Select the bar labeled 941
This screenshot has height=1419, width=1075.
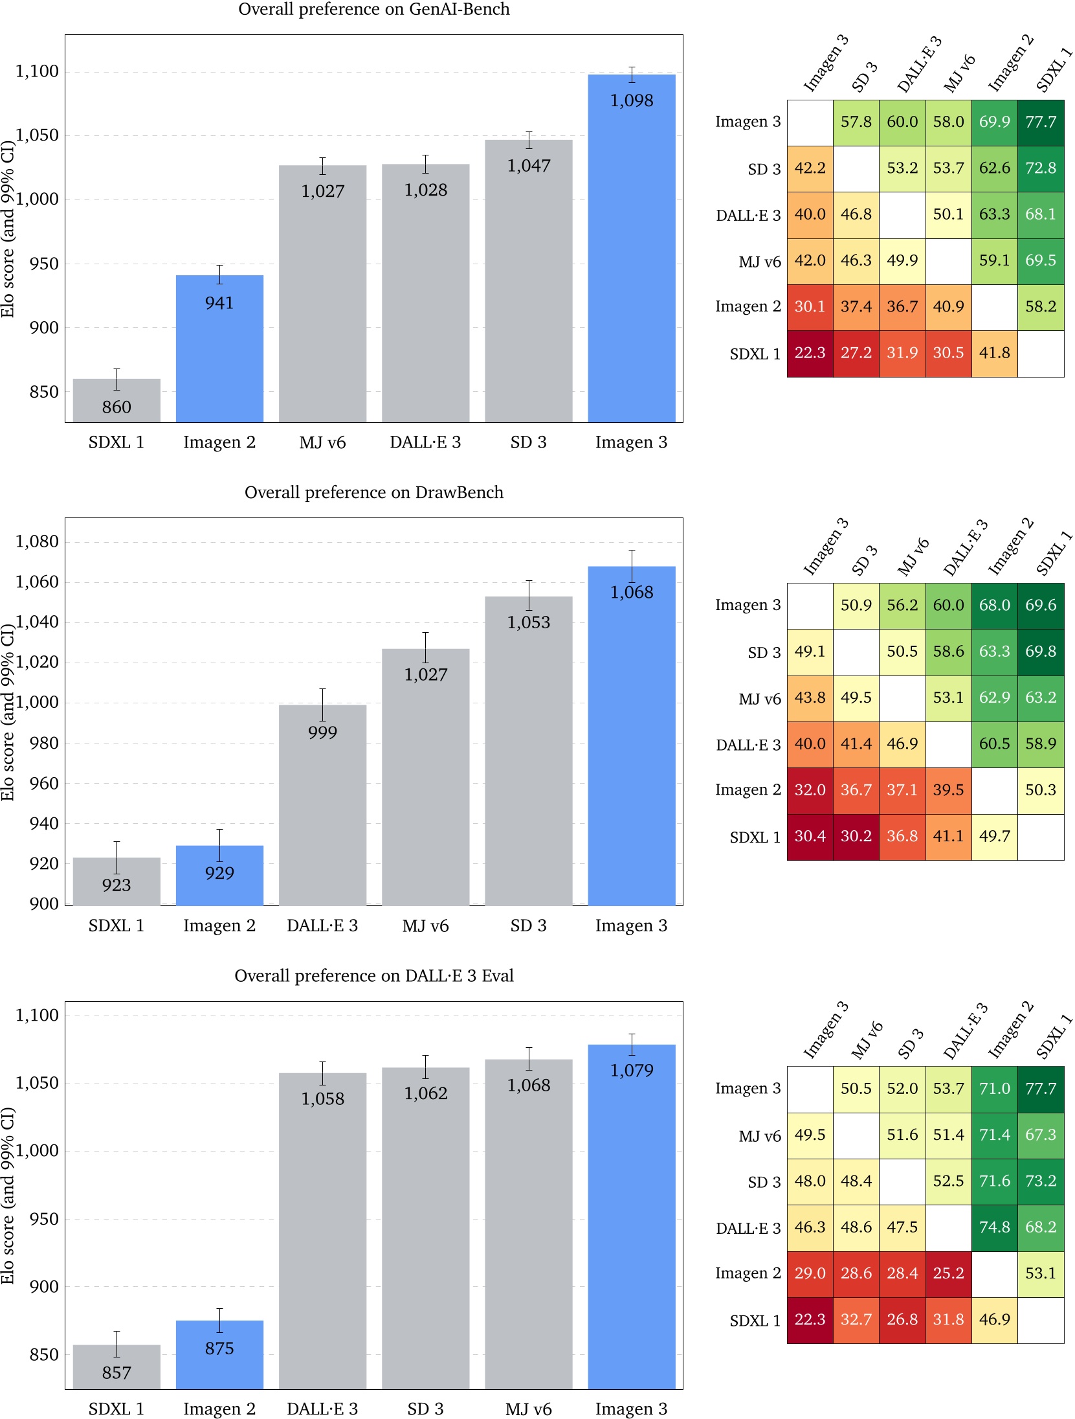(x=219, y=350)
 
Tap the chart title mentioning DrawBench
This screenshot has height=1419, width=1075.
(x=373, y=492)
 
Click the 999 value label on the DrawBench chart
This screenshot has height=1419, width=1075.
(x=322, y=732)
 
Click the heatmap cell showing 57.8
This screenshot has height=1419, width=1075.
(x=856, y=122)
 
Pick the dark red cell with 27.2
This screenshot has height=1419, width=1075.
(x=856, y=353)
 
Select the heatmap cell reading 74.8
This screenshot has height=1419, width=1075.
(x=994, y=1227)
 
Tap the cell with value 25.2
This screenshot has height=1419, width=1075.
(x=948, y=1273)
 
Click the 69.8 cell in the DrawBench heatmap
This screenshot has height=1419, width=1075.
(x=1040, y=652)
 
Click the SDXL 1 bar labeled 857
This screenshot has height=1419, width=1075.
(x=116, y=1367)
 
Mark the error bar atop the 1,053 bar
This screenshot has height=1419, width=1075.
(x=529, y=595)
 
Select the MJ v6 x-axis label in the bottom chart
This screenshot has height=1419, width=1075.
(x=528, y=1409)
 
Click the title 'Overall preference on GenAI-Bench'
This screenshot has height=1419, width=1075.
(x=373, y=9)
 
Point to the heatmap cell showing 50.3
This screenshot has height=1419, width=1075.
(x=1040, y=790)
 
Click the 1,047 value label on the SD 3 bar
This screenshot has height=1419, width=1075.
(x=528, y=166)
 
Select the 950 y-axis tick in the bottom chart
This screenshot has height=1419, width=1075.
(x=44, y=1219)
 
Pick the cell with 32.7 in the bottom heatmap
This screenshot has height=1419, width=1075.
(x=856, y=1319)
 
